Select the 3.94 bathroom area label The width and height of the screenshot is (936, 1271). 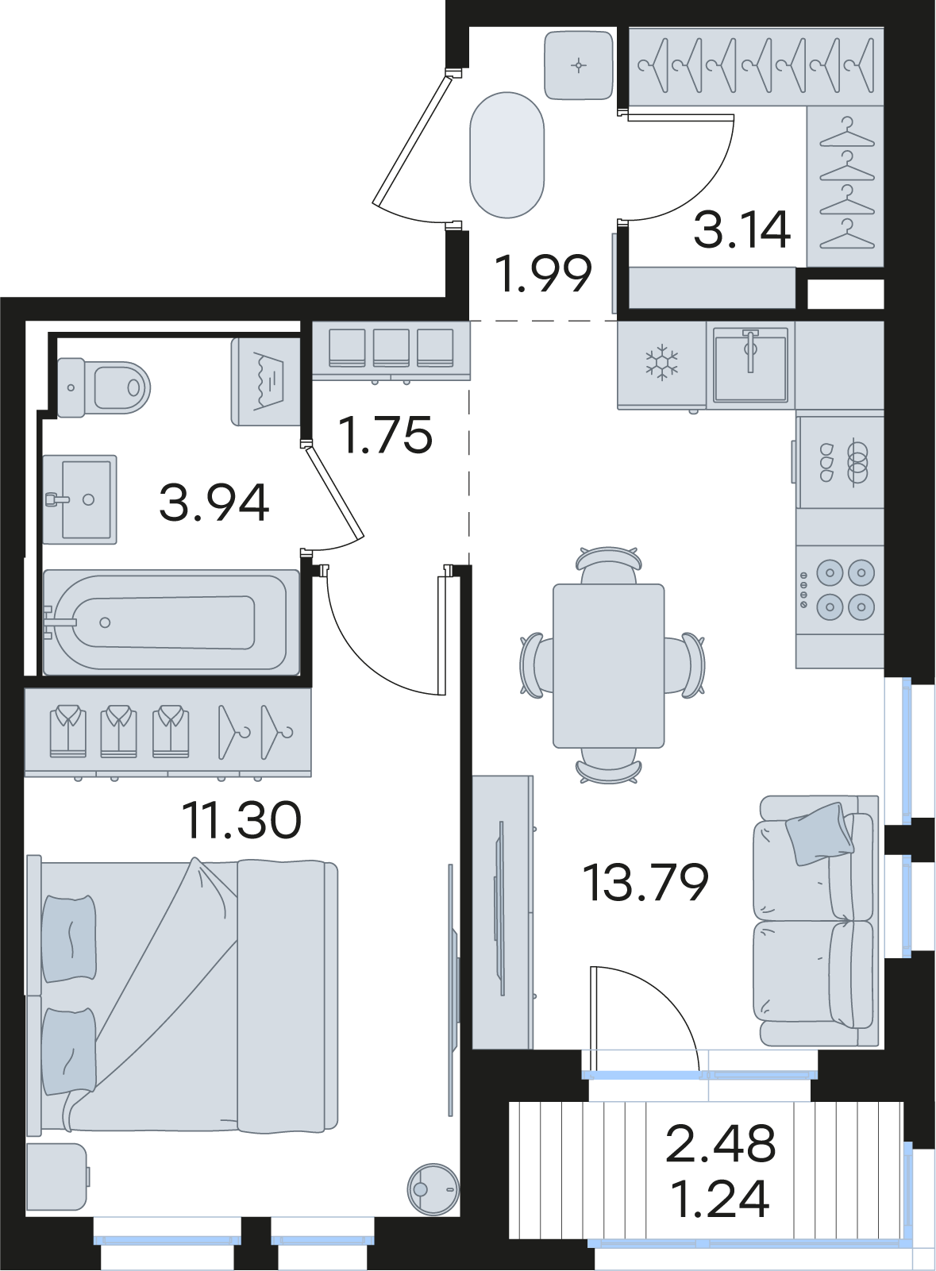tap(214, 503)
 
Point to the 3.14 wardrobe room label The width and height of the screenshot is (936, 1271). tap(742, 229)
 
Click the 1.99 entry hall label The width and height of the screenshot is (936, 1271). tap(544, 274)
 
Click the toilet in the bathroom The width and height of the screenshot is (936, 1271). tap(104, 387)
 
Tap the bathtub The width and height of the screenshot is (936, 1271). tap(171, 622)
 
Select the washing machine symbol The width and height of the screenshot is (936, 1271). tap(265, 382)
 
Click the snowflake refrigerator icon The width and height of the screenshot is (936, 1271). tap(661, 364)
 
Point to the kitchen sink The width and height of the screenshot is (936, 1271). tap(750, 364)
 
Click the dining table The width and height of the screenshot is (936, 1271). tap(609, 665)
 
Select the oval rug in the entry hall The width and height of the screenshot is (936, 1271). tap(507, 155)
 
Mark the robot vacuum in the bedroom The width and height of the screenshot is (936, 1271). tap(434, 1189)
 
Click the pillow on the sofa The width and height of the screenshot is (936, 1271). tap(820, 834)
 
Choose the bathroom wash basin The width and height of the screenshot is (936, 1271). tap(80, 499)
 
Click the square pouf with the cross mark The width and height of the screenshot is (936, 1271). tap(579, 65)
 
